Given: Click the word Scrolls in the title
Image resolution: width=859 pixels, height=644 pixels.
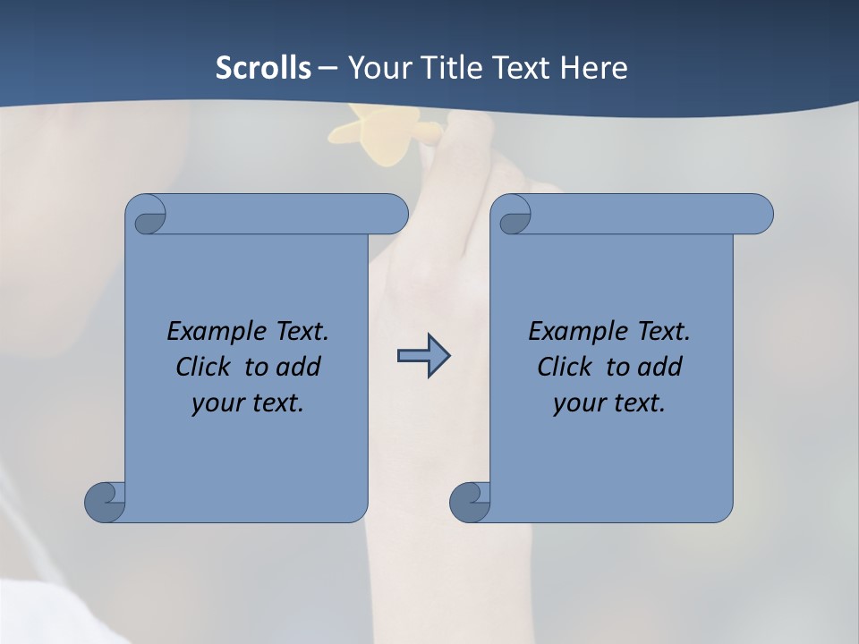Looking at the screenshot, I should click(263, 68).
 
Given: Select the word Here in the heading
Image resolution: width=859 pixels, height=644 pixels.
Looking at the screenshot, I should click(594, 68).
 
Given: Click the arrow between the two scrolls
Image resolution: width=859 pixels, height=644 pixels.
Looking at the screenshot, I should click(423, 356).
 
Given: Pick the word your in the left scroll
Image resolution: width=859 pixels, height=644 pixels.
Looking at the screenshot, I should click(217, 402).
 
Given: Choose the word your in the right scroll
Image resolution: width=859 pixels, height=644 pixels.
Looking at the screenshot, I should click(578, 402).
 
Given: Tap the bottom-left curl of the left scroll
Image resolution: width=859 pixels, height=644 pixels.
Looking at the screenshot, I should click(106, 502).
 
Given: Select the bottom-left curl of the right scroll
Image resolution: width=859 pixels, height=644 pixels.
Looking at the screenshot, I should click(471, 502).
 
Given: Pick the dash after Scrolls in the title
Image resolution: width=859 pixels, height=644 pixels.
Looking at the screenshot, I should click(327, 68).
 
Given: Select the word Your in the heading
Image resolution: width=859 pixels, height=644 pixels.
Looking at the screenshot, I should click(377, 68).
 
